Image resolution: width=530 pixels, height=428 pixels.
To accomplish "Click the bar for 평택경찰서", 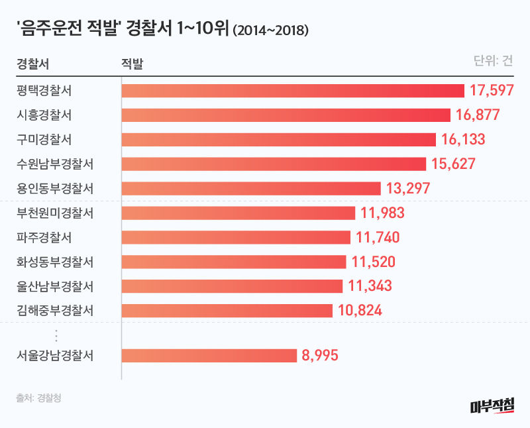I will click(x=293, y=91).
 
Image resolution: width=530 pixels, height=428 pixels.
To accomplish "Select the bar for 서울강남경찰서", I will click(x=209, y=356).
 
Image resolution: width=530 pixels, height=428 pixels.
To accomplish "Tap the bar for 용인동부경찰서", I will click(x=251, y=188).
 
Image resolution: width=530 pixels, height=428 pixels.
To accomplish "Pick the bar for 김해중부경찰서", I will click(x=227, y=310).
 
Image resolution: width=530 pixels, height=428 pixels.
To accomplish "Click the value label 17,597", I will click(x=492, y=91).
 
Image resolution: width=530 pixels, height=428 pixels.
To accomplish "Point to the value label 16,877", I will click(x=478, y=115).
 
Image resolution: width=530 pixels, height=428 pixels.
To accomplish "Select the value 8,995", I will click(x=320, y=356).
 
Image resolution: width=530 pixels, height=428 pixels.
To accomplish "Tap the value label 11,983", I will click(x=383, y=213).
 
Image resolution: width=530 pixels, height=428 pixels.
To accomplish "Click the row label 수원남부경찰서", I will click(x=54, y=164).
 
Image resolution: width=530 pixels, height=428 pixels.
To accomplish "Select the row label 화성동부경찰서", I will click(x=54, y=262).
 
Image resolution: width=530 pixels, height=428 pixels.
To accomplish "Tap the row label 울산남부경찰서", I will click(x=54, y=286).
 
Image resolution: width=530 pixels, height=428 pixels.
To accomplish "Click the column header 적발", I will click(x=132, y=64).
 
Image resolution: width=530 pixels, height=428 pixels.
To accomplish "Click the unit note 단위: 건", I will click(x=493, y=61).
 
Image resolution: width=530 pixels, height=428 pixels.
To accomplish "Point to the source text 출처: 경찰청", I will click(x=42, y=398).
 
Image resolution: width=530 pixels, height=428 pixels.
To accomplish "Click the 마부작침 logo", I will click(x=491, y=405).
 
